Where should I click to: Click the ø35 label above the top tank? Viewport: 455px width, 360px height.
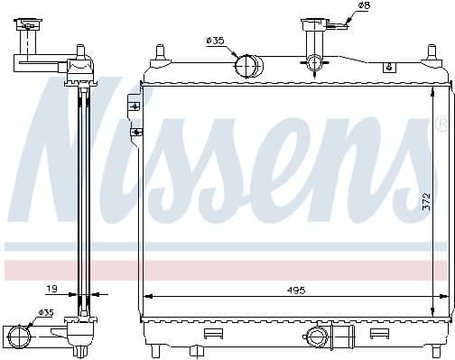point(216,41)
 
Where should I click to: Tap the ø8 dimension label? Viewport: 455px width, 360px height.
point(364,6)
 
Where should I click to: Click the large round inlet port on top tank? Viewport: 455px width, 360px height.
point(246,65)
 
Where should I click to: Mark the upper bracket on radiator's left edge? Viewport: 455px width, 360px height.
point(135,106)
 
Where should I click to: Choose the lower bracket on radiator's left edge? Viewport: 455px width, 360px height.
point(135,132)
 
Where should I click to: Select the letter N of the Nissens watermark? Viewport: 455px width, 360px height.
point(72,153)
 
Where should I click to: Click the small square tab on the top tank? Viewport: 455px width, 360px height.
point(388,67)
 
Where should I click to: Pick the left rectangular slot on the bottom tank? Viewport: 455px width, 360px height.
point(213,333)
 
